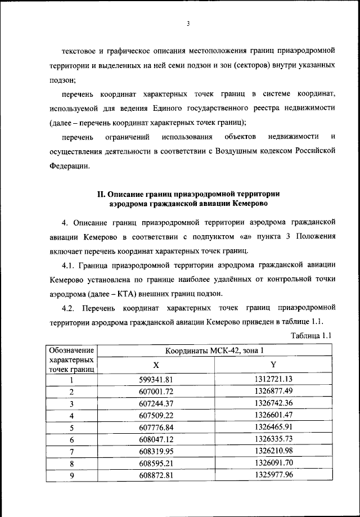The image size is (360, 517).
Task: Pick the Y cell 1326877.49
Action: pyautogui.click(x=273, y=392)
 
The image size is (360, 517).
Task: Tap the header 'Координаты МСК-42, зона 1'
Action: pyautogui.click(x=214, y=352)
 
